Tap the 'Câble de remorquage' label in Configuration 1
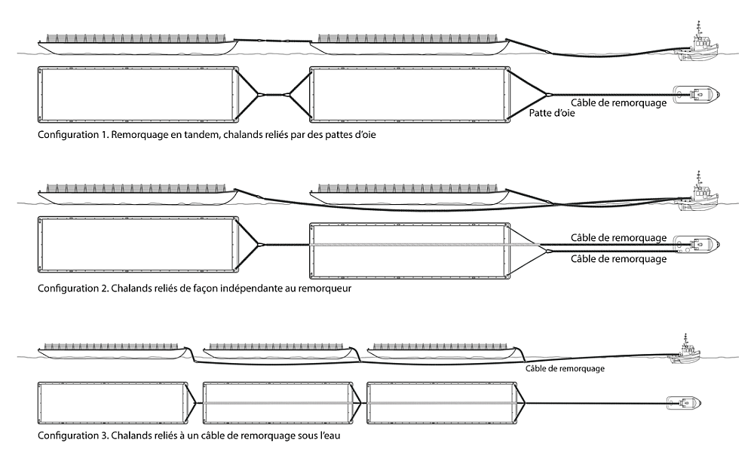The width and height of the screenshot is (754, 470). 619,103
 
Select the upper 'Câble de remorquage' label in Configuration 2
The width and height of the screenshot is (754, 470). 619,237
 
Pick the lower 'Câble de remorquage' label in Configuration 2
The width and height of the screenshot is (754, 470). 619,258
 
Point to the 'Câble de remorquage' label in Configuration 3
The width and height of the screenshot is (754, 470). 565,368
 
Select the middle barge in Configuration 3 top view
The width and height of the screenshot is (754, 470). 277,402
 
